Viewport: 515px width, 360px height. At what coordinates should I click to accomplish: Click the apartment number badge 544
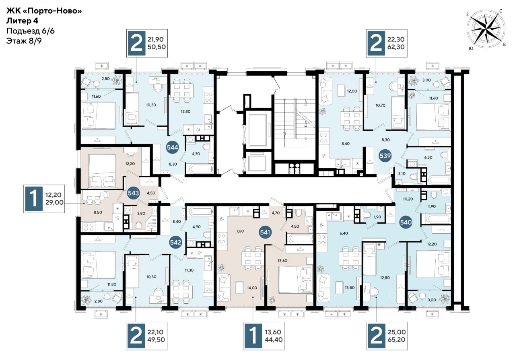(173, 147)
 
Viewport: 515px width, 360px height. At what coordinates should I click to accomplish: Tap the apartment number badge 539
(385, 156)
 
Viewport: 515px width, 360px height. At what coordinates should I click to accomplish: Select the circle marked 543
(133, 193)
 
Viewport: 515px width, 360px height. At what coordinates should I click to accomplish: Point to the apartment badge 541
(265, 232)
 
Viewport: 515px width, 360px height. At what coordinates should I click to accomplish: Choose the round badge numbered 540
(406, 222)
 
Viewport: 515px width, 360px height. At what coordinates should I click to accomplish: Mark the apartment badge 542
(176, 242)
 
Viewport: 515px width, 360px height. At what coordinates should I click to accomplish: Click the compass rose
(486, 29)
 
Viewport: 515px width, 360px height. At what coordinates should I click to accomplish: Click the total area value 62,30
(396, 47)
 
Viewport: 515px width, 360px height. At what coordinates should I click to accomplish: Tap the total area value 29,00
(54, 203)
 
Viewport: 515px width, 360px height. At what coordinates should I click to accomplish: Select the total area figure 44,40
(274, 339)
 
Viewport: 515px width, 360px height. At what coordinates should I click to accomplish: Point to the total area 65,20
(397, 339)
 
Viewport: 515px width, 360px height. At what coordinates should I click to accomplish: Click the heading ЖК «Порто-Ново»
(44, 11)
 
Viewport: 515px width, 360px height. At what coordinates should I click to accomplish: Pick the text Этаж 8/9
(24, 41)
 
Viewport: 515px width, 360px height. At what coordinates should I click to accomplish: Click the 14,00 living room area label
(252, 288)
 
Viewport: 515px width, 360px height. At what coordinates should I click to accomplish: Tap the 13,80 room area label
(350, 288)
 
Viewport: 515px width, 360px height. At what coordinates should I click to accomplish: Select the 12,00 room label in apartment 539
(352, 91)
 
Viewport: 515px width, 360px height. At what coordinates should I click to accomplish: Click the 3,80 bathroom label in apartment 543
(141, 213)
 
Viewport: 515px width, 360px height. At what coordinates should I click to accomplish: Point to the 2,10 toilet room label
(402, 174)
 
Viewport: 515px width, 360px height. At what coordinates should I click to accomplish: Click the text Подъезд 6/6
(30, 31)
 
